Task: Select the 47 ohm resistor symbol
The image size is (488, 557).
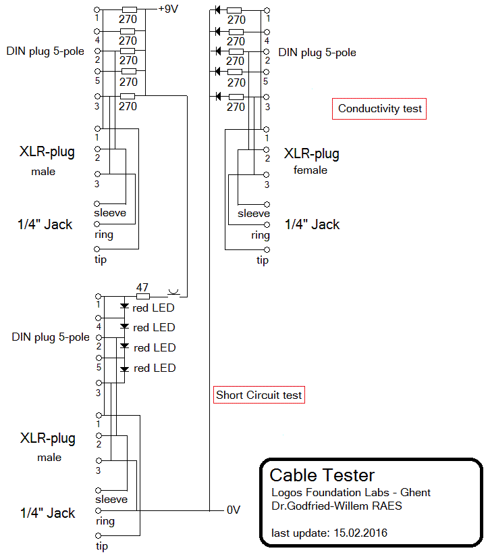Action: [142, 295]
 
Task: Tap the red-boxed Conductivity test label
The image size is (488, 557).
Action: [380, 108]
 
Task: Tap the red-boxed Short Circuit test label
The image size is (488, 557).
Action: [259, 395]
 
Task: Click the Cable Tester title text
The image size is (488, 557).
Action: [322, 475]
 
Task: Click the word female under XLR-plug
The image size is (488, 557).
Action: [310, 170]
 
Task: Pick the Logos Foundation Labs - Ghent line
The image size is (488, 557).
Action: [350, 492]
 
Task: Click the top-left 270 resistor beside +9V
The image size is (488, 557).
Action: [128, 10]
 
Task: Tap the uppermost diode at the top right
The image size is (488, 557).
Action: [218, 10]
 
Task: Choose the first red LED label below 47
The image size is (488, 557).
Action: [154, 308]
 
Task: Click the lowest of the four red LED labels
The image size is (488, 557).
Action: [155, 368]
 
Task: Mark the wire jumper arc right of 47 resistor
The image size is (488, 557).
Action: [173, 292]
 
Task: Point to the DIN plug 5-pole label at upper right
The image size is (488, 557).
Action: [317, 52]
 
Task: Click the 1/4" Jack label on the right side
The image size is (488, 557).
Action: [312, 224]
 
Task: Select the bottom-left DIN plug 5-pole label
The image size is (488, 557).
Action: [51, 337]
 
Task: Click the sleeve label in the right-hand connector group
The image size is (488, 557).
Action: [254, 214]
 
